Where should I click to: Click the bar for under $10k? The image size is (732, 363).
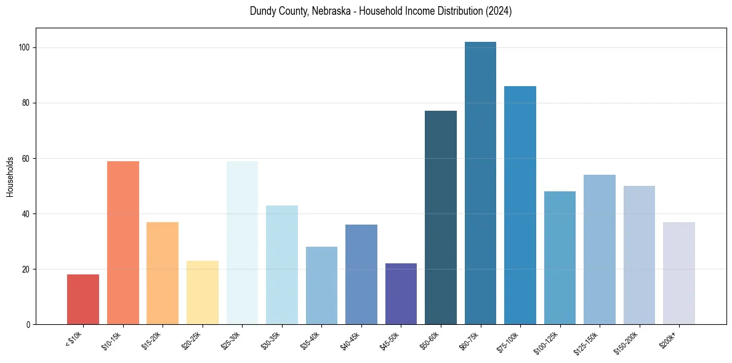coord(83,300)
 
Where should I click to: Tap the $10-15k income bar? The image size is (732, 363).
coord(123,243)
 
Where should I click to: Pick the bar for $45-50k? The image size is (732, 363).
coord(401,294)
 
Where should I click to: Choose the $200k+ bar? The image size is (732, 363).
coord(679,273)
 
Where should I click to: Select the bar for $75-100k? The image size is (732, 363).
coord(520,205)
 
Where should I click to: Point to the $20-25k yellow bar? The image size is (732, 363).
coord(203,293)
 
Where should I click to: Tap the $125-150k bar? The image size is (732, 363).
coord(600,250)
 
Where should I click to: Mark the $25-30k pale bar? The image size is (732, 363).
coord(242,243)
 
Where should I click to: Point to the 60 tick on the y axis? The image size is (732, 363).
coord(27,159)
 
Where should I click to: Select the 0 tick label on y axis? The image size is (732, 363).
coord(29,325)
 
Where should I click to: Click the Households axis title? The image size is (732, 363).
coord(10,177)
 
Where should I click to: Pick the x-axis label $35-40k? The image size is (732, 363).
coord(312,340)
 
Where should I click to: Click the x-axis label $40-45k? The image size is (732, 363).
coord(351,340)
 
